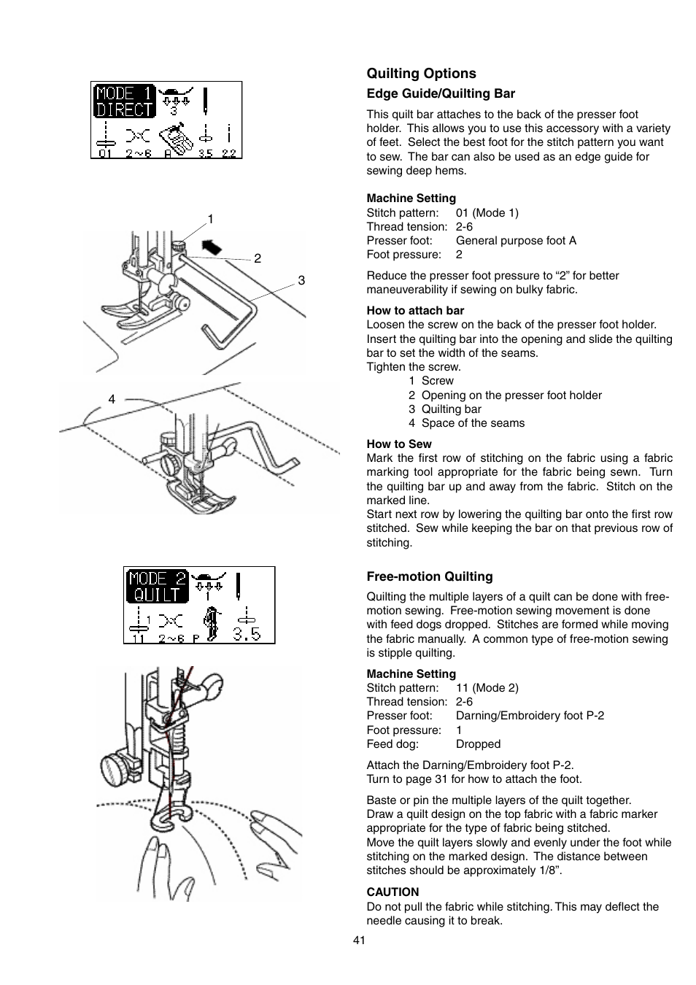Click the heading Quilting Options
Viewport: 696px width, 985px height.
pyautogui.click(x=421, y=74)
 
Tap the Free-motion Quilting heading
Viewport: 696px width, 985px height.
pyautogui.click(x=430, y=576)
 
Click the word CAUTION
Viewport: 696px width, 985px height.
pyautogui.click(x=393, y=892)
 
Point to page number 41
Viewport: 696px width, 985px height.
pyautogui.click(x=358, y=940)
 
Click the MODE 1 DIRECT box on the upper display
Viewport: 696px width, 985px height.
pyautogui.click(x=124, y=101)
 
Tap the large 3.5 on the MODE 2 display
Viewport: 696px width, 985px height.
pyautogui.click(x=247, y=633)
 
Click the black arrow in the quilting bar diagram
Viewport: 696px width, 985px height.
pyautogui.click(x=210, y=247)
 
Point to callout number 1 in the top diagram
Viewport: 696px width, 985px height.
pyautogui.click(x=210, y=219)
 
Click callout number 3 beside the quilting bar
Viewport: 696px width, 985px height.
pyautogui.click(x=301, y=281)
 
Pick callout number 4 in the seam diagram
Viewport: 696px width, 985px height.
pyautogui.click(x=112, y=399)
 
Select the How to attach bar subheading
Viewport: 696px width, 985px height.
pyautogui.click(x=415, y=311)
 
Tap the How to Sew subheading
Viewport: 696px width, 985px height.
pyautogui.click(x=399, y=444)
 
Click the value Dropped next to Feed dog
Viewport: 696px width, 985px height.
pyautogui.click(x=478, y=744)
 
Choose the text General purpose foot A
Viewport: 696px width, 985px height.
pyautogui.click(x=516, y=241)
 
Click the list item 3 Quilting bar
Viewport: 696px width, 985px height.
pyautogui.click(x=445, y=409)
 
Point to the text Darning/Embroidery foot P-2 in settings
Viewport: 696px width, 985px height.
pyautogui.click(x=530, y=716)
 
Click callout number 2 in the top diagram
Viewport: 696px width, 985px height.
pyautogui.click(x=257, y=258)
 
